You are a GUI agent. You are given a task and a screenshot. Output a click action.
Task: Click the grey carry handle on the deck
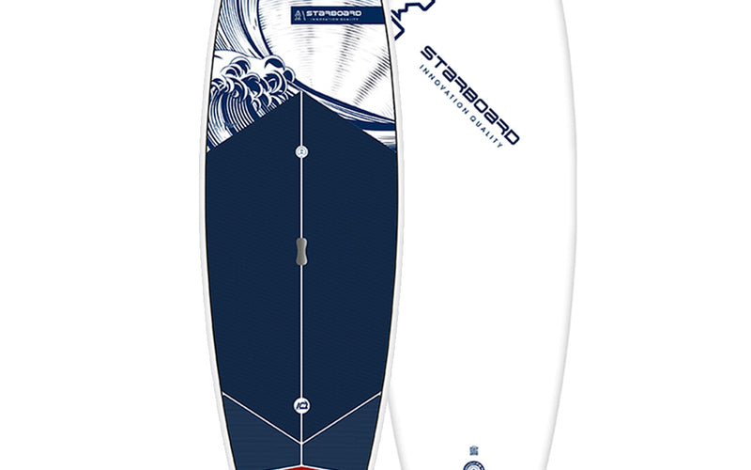301,251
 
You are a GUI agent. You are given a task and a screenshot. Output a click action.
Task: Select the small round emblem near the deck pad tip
301,151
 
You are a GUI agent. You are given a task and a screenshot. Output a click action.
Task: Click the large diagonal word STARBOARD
470,93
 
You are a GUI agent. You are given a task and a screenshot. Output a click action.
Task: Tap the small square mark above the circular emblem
472,449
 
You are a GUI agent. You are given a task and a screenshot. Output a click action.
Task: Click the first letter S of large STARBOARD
427,52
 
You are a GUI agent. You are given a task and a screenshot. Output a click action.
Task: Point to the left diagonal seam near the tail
253,415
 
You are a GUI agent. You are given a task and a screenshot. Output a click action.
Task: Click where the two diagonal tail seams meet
301,444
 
